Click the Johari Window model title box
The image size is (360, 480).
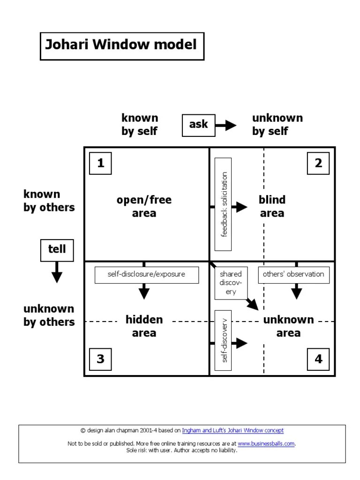(122, 46)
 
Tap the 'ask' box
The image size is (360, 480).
(198, 125)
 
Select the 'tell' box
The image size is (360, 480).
(57, 249)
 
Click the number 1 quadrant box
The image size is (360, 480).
(100, 163)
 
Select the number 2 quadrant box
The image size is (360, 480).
(318, 163)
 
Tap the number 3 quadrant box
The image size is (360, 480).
(100, 359)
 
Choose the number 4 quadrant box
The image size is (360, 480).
(318, 359)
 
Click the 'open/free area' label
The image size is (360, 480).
(144, 207)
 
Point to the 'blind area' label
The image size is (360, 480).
(272, 207)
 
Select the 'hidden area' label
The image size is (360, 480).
(144, 326)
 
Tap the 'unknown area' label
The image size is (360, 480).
(288, 326)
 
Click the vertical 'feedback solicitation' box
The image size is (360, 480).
(224, 204)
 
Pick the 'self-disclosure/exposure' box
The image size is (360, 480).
(146, 275)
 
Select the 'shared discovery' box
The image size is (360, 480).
(230, 283)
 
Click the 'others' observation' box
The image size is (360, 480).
(293, 275)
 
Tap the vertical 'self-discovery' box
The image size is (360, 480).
(223, 340)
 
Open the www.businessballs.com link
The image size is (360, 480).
(266, 444)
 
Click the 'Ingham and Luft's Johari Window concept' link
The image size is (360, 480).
(232, 430)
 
